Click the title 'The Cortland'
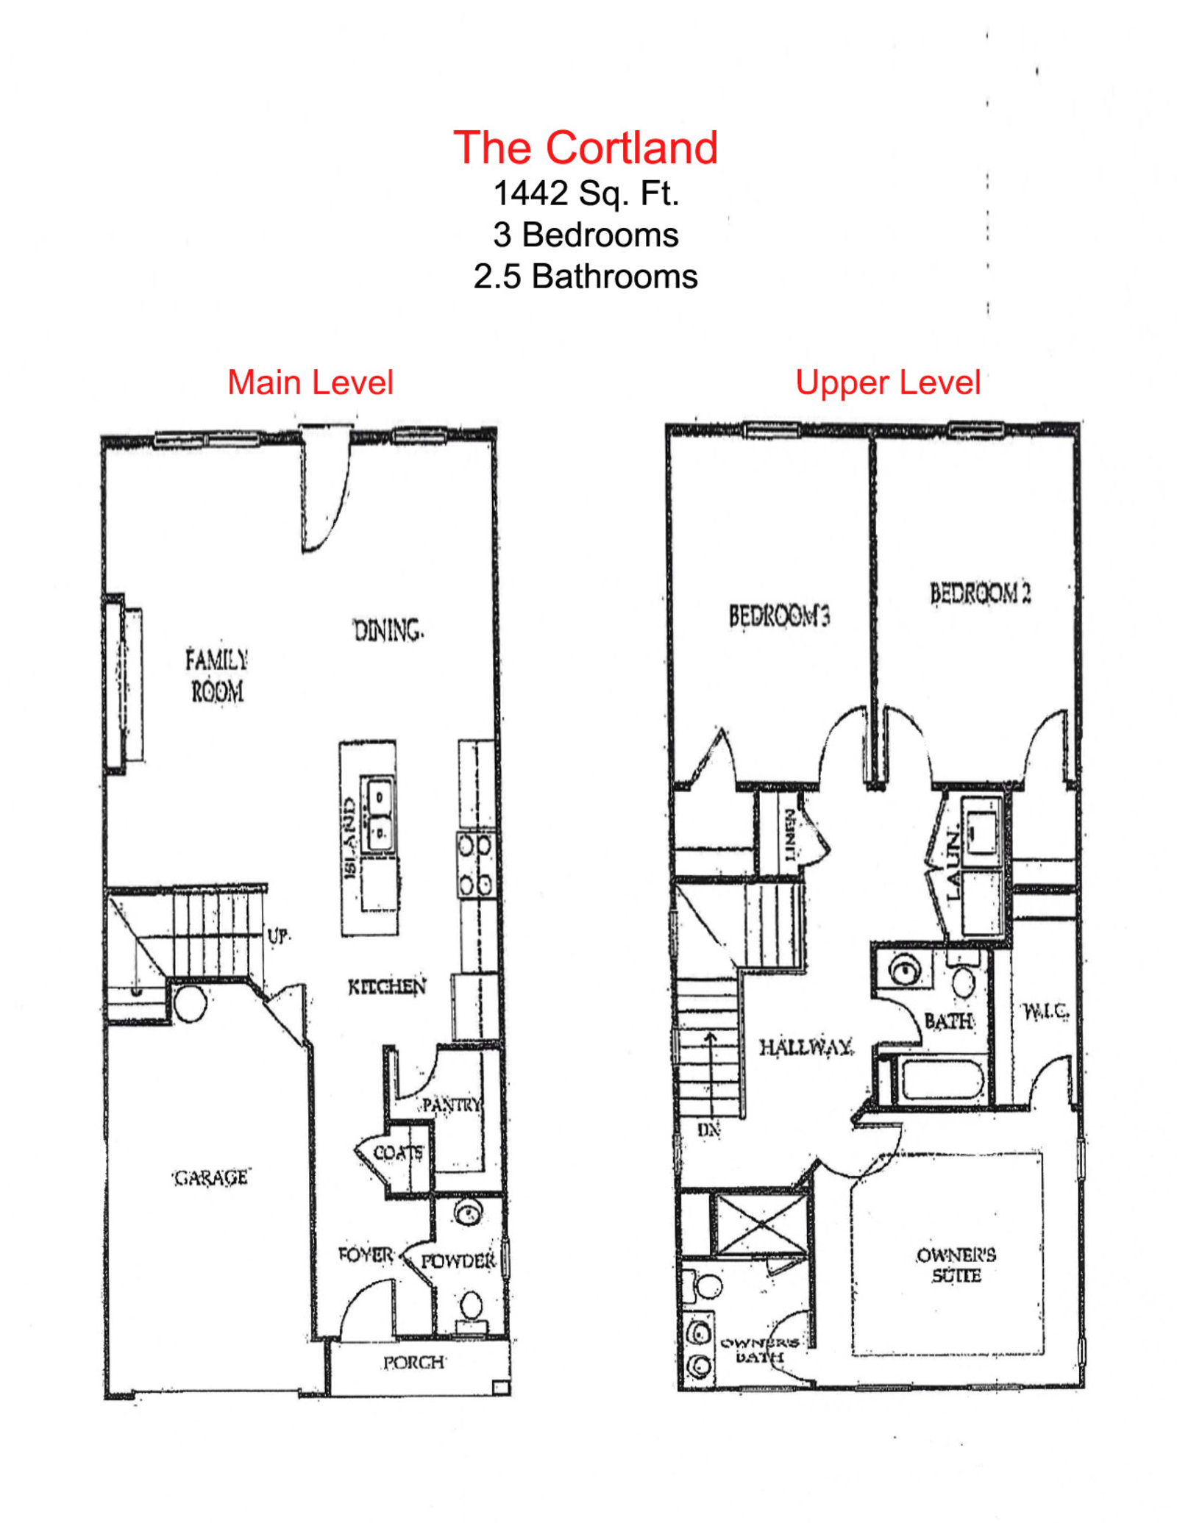[x=585, y=148]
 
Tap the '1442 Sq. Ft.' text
[x=585, y=193]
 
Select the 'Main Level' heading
[x=310, y=382]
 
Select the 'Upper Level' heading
[x=887, y=382]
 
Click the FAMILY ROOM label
[x=216, y=675]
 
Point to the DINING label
[x=388, y=631]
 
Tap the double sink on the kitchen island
[x=378, y=813]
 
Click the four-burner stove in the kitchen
[x=475, y=865]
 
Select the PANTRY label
[x=452, y=1105]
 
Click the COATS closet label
[x=398, y=1152]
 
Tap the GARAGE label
[x=211, y=1177]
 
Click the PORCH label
[x=413, y=1363]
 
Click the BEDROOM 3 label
[x=779, y=616]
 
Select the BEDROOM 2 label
[x=979, y=593]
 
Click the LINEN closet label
[x=789, y=834]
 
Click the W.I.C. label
[x=1045, y=1012]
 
